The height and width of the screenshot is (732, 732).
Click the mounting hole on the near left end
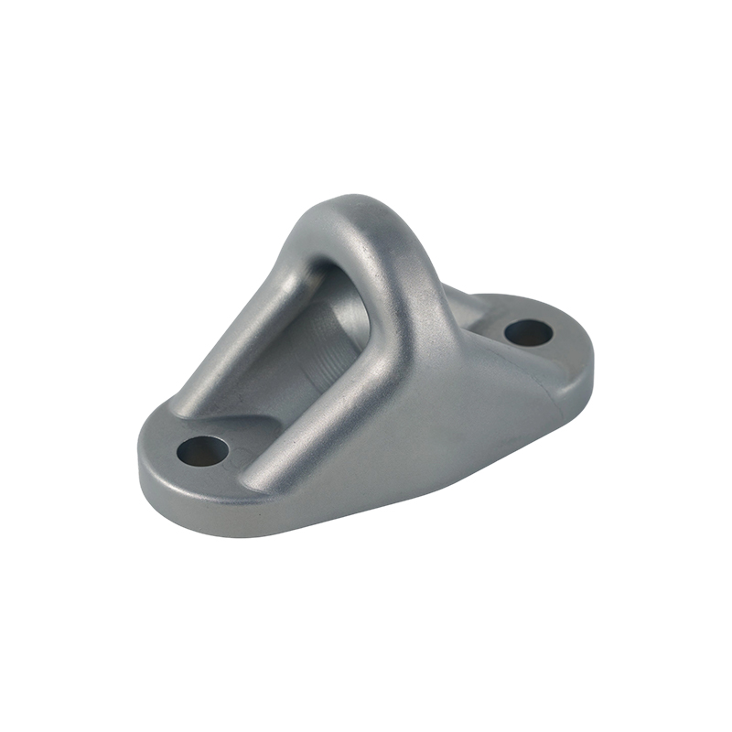point(202,449)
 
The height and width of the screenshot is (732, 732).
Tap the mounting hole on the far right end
point(528,332)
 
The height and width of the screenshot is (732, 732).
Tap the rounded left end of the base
point(151,467)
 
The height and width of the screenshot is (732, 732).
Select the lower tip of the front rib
point(265,476)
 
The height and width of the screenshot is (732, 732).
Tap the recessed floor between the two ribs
point(274,393)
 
